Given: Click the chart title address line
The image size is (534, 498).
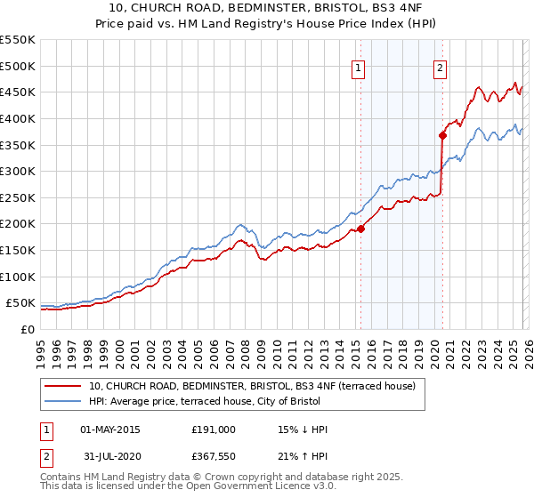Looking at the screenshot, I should (x=267, y=8).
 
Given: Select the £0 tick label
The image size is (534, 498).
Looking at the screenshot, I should (x=26, y=329).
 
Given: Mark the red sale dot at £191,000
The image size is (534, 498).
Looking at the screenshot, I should (x=361, y=228).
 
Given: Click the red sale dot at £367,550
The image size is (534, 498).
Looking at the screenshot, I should (x=442, y=135).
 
